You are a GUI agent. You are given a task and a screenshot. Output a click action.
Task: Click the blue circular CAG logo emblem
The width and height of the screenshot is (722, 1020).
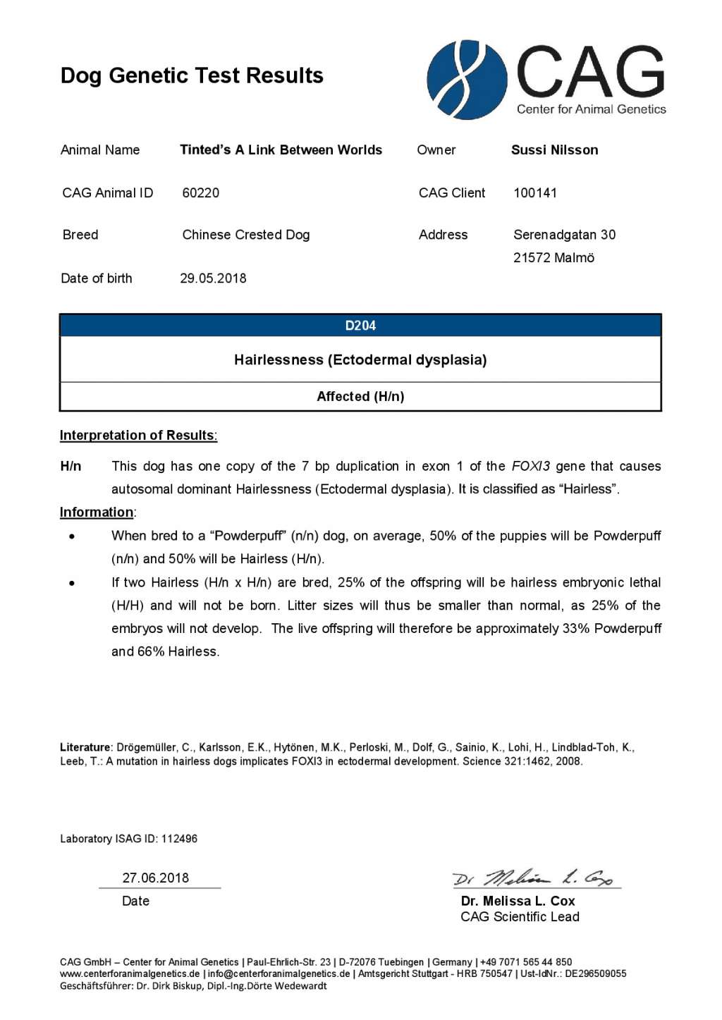coord(467,80)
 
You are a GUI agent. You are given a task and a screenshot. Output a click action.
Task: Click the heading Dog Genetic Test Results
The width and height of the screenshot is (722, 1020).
coord(192,75)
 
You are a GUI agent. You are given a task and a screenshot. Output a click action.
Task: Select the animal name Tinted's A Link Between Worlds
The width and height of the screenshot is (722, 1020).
coord(281,149)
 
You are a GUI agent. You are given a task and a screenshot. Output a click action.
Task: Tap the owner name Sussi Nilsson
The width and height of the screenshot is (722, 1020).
coord(554,149)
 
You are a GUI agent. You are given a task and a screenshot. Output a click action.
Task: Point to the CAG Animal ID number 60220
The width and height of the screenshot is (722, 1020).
coord(200,192)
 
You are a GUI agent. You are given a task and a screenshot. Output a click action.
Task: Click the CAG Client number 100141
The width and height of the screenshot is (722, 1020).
coord(535,192)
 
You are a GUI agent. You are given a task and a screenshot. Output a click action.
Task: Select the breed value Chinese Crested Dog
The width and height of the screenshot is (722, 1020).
coord(245,235)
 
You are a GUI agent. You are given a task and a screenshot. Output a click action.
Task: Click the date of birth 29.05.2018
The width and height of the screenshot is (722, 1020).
coord(213,278)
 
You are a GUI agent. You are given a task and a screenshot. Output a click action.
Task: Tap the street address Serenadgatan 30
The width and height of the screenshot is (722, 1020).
coord(564,235)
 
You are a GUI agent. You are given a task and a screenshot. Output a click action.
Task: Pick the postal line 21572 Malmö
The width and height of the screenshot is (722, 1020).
coord(553,257)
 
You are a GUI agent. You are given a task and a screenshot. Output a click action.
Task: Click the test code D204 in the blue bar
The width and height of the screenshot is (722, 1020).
coord(360,326)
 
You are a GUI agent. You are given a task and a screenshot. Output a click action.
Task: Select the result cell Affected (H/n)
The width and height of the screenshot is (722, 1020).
coord(360,396)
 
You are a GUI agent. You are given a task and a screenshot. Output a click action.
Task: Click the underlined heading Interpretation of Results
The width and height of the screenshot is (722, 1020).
coord(138,435)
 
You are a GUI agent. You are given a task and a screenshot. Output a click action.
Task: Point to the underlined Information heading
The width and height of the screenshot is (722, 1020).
coord(97,512)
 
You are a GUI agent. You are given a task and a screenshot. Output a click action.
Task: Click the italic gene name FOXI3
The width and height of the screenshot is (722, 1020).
coord(530,466)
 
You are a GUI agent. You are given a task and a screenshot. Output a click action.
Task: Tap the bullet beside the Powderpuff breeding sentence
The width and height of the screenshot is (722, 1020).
coord(72,536)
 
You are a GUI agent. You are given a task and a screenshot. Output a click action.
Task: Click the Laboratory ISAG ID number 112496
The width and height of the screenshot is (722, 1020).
coord(179,839)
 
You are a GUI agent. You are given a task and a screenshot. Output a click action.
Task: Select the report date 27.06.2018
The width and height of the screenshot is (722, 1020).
coord(156,878)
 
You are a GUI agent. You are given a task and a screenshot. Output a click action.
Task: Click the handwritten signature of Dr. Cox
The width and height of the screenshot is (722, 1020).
coord(533,878)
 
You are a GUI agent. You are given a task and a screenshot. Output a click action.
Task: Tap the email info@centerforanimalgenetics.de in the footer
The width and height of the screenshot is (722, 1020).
coord(279,973)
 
